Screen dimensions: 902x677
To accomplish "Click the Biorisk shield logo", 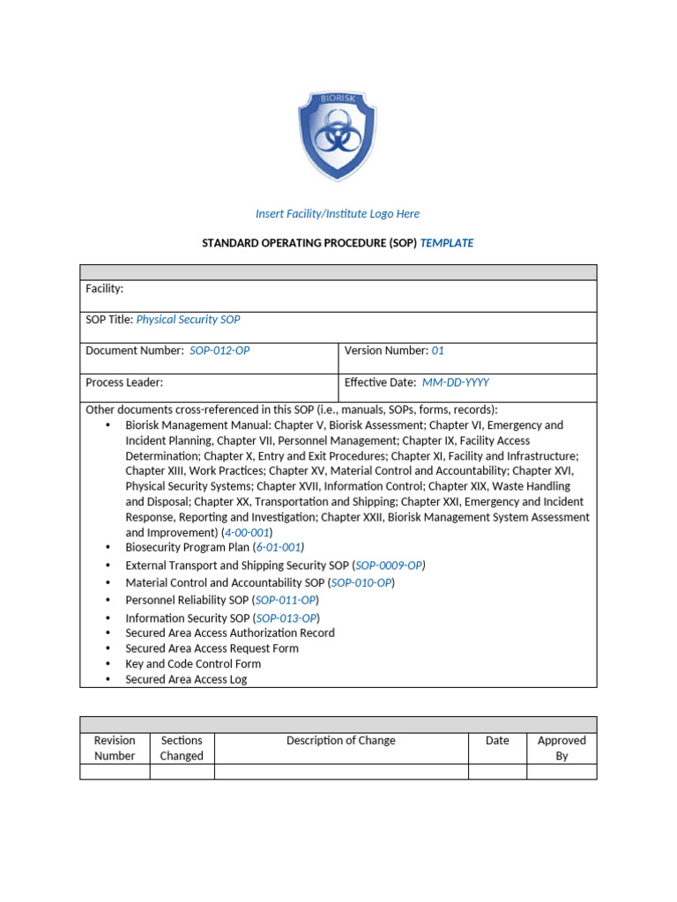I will click(x=338, y=136).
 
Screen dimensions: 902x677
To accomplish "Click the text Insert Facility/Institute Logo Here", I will click(x=338, y=214).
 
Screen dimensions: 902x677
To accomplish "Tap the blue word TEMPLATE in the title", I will click(x=447, y=243).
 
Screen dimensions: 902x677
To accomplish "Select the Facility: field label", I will click(x=104, y=289).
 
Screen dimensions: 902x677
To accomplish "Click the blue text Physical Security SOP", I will click(x=188, y=320).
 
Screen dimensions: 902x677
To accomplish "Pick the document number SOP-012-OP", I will click(x=219, y=351).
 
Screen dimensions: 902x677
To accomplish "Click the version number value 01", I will click(x=437, y=351).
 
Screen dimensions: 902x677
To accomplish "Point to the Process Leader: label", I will click(x=124, y=382).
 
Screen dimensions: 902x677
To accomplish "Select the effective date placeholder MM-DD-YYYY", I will click(x=456, y=382).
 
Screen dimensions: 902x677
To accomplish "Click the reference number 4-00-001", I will click(x=247, y=533).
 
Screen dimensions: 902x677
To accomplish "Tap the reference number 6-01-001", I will click(x=279, y=547).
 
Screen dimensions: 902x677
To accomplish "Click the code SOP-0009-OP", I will click(x=389, y=566).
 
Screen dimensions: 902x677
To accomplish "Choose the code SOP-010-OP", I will click(x=361, y=583).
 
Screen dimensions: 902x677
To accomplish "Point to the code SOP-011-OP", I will click(x=286, y=601).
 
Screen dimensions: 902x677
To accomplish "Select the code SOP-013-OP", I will click(x=286, y=618).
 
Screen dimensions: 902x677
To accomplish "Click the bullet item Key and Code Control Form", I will click(x=193, y=664).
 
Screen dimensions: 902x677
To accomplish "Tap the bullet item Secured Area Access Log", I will click(x=186, y=680).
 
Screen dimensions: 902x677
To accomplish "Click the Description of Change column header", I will click(x=341, y=741).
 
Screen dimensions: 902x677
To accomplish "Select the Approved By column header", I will click(x=562, y=748).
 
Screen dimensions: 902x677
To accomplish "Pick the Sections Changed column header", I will click(x=182, y=748).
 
